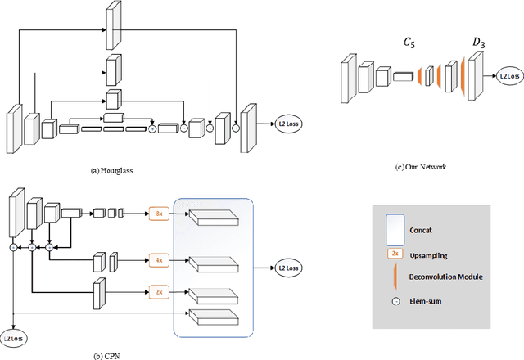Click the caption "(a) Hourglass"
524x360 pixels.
point(111,171)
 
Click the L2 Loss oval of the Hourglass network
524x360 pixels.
point(288,124)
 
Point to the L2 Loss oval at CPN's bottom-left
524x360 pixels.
point(13,337)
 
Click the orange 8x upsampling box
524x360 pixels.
point(159,214)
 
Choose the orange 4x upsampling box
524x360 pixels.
point(159,261)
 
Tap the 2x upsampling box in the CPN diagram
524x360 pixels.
point(159,290)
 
